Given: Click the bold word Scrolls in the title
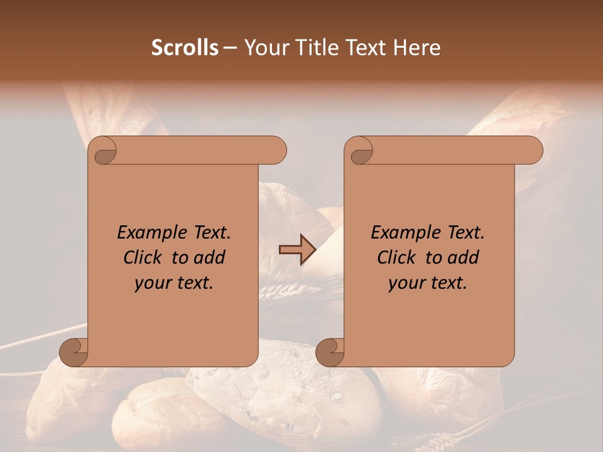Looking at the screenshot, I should click(x=185, y=48).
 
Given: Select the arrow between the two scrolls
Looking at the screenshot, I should click(x=297, y=249).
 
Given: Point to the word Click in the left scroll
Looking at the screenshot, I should click(x=144, y=258).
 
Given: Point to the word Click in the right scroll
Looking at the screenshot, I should click(x=398, y=258).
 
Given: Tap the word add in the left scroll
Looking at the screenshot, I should click(x=210, y=258).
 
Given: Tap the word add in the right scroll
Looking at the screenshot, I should click(x=464, y=258).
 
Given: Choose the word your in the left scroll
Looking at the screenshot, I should click(x=152, y=283).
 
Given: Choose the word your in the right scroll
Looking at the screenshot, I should click(x=406, y=283).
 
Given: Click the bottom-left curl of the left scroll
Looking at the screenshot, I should click(x=74, y=352).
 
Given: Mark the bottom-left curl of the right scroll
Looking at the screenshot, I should click(x=330, y=352).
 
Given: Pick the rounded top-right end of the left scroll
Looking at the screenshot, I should click(x=276, y=151).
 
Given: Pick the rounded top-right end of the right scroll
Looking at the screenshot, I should click(x=533, y=151).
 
